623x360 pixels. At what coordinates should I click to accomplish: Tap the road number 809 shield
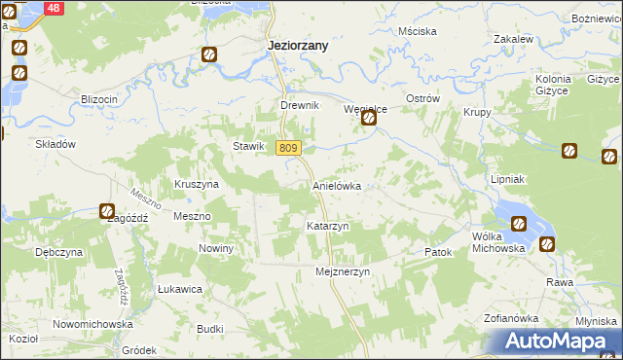tap(287, 148)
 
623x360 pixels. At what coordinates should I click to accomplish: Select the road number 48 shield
tap(53, 8)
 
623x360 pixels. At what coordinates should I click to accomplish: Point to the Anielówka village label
tap(337, 185)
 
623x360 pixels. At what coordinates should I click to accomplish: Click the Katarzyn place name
tap(328, 226)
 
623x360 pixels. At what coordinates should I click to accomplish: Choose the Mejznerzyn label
tap(344, 272)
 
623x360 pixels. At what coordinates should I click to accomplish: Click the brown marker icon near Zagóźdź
tap(107, 211)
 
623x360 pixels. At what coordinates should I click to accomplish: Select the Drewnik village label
tap(300, 105)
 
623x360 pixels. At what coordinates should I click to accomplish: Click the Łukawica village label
tap(180, 289)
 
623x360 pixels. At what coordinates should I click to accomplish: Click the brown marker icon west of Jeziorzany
tap(209, 54)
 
